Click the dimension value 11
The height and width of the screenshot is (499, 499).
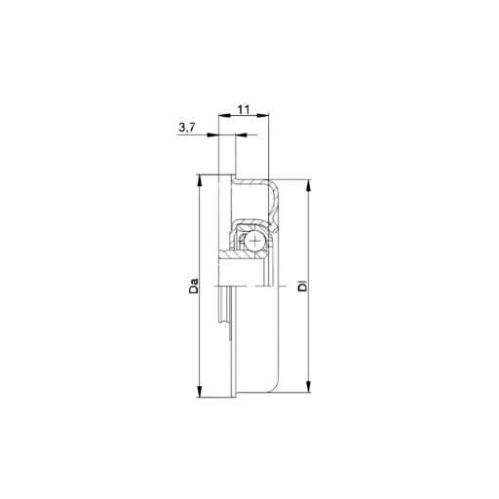click(x=244, y=110)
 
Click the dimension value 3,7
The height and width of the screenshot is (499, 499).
click(x=187, y=128)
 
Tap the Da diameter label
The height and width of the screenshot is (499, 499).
click(x=194, y=286)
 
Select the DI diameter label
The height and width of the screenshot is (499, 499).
click(x=303, y=285)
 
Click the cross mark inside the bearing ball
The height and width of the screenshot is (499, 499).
click(x=256, y=241)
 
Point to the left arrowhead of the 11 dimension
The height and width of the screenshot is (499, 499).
click(x=224, y=115)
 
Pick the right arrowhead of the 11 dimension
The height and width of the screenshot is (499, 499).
click(x=263, y=115)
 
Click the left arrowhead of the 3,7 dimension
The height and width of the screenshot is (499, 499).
click(x=212, y=134)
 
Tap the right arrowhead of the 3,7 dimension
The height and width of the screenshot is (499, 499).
click(x=241, y=134)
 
